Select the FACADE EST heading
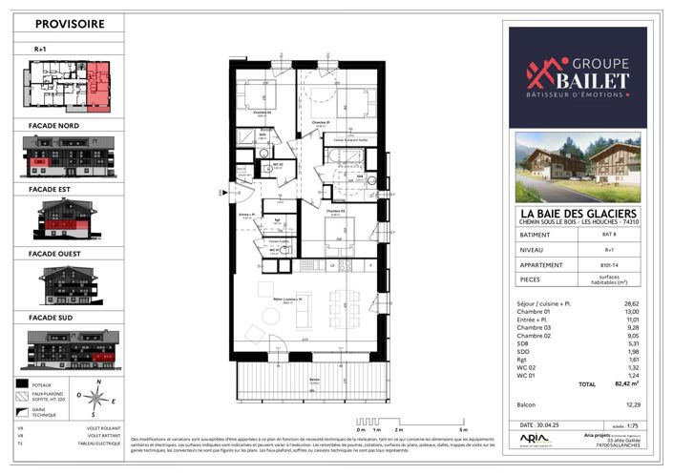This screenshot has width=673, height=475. pos(51,191)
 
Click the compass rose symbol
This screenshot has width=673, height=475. pos(94,393)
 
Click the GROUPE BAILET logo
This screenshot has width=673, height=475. pos(578,76)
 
